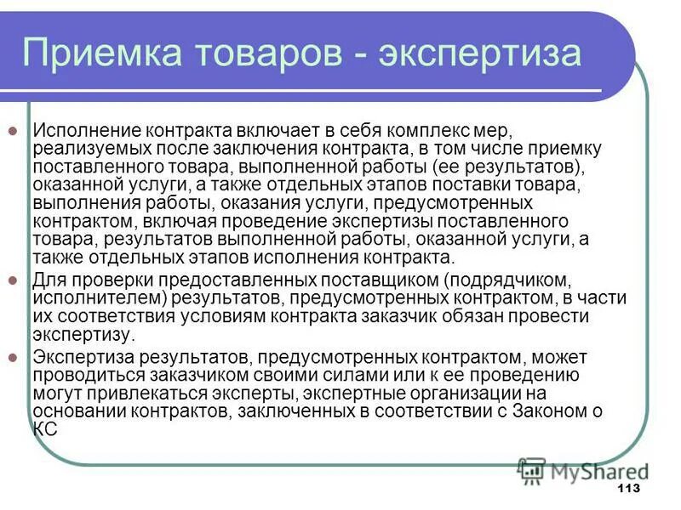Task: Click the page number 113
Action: pyautogui.click(x=627, y=489)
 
